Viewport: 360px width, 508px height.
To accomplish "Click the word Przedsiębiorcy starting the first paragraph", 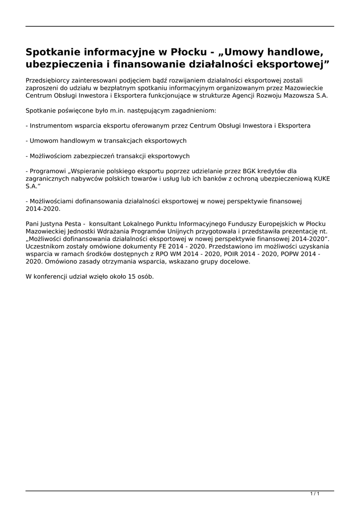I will click(x=49, y=80).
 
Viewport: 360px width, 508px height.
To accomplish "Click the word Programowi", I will click(x=48, y=171).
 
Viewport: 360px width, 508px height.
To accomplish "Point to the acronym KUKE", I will click(x=321, y=179).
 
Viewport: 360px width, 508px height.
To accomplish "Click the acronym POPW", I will click(x=285, y=254).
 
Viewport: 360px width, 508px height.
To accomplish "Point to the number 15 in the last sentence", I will click(x=132, y=276).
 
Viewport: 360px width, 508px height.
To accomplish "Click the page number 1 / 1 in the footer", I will click(x=314, y=494).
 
